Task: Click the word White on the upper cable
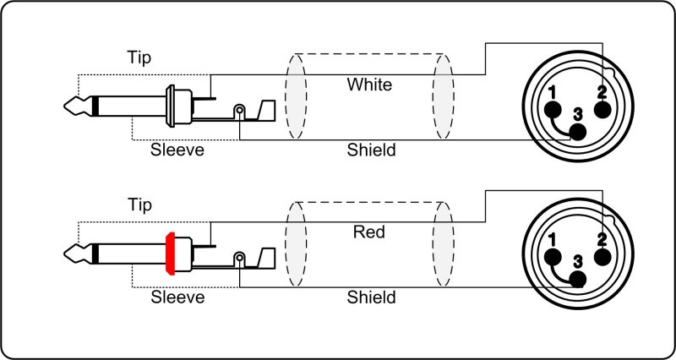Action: (x=370, y=85)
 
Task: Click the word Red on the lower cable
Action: (x=370, y=232)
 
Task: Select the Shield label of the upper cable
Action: (x=371, y=151)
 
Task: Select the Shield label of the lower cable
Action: (x=371, y=297)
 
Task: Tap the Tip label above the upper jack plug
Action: (x=140, y=59)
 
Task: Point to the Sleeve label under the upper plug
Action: (x=177, y=151)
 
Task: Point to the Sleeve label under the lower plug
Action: (x=177, y=297)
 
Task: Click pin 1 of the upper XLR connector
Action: (x=553, y=110)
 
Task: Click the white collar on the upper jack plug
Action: (x=172, y=106)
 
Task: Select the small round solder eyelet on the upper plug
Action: (x=240, y=111)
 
